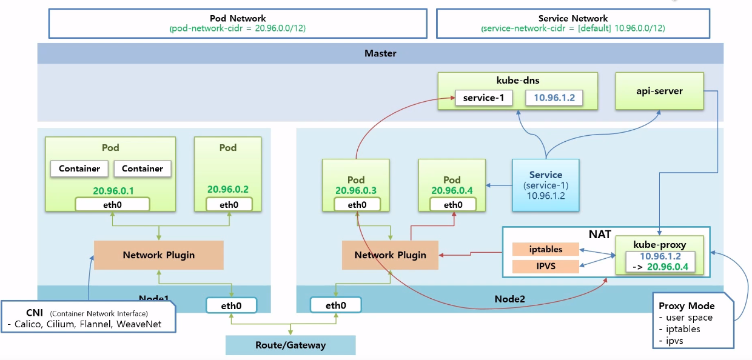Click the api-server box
point(659,91)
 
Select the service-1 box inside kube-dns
point(484,98)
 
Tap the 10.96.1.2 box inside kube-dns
point(554,98)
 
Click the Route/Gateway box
point(290,345)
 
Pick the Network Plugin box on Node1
point(159,255)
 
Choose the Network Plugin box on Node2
point(390,255)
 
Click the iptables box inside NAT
point(546,249)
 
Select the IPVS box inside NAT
point(546,267)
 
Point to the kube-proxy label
point(659,245)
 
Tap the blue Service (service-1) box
point(546,185)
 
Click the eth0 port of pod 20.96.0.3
point(357,205)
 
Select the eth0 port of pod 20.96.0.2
point(229,205)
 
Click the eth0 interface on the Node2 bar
point(336,305)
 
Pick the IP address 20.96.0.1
point(113,191)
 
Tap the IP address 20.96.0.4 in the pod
point(452,190)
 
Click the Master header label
point(380,53)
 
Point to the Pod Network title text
point(238,18)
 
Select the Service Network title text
point(573,18)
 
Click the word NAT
point(600,234)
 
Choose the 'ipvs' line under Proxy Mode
point(671,341)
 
